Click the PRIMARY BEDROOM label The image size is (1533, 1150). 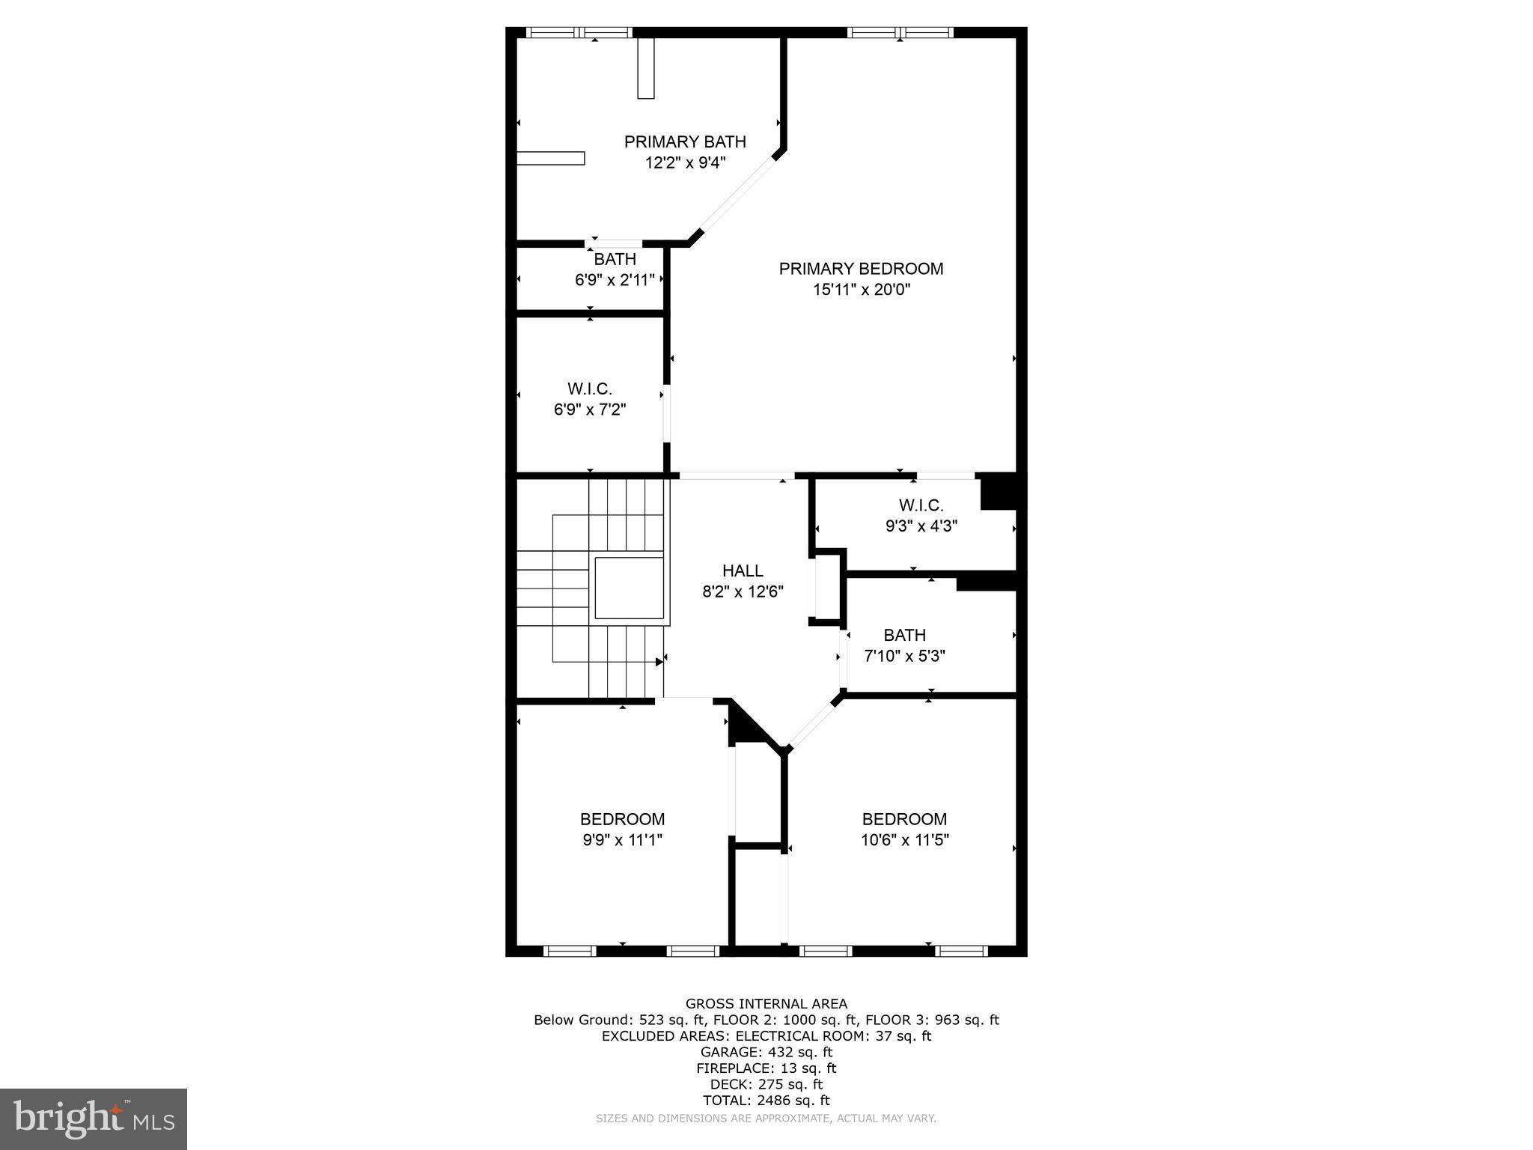point(861,269)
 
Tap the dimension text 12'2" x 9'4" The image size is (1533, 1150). point(685,162)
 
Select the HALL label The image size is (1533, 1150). point(743,571)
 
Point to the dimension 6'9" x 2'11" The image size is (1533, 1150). point(615,280)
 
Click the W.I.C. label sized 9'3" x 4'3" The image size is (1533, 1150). point(921,505)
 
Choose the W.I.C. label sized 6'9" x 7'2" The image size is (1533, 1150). point(589,389)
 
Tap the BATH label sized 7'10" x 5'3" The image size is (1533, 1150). point(904,636)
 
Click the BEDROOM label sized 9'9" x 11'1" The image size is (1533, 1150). point(622,819)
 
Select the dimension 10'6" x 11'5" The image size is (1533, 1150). point(904,840)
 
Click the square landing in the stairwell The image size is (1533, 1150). point(629,588)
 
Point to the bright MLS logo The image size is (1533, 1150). point(94,1119)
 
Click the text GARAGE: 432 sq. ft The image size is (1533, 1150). point(766,1052)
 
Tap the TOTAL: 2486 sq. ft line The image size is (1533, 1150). point(766,1100)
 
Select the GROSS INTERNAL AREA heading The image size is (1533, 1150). point(766,1004)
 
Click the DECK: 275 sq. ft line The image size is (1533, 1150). point(766,1084)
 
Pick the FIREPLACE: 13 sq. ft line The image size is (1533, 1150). point(766,1068)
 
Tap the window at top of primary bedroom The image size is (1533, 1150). point(900,32)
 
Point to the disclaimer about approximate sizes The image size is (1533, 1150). point(766,1119)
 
